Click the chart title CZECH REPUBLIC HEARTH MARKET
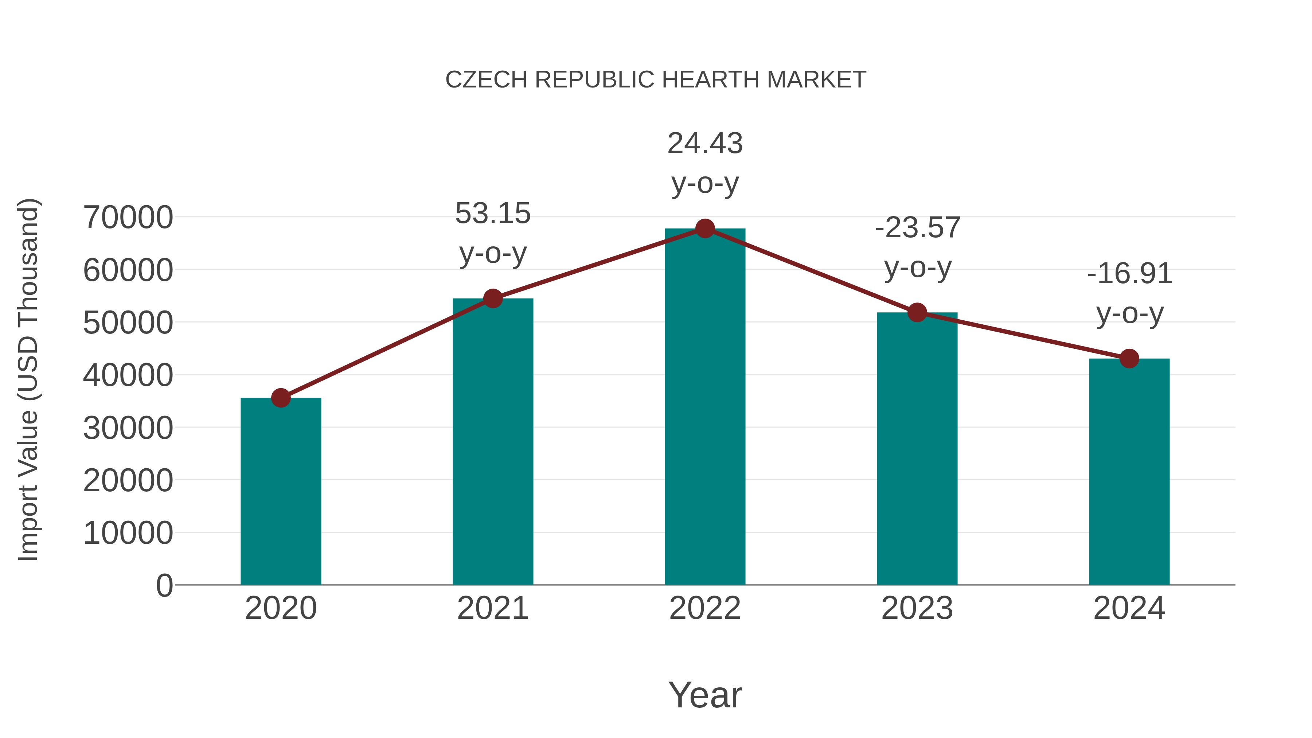coord(656,80)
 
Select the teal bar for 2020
coord(281,492)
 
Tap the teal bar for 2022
coord(705,407)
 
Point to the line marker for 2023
coord(917,313)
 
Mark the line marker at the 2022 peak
coord(705,229)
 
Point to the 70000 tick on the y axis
coord(128,218)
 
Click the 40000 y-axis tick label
coord(128,375)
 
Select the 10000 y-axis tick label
coord(128,533)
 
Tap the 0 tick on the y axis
coord(164,586)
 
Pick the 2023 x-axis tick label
coord(917,608)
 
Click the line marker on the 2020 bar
coord(281,398)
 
